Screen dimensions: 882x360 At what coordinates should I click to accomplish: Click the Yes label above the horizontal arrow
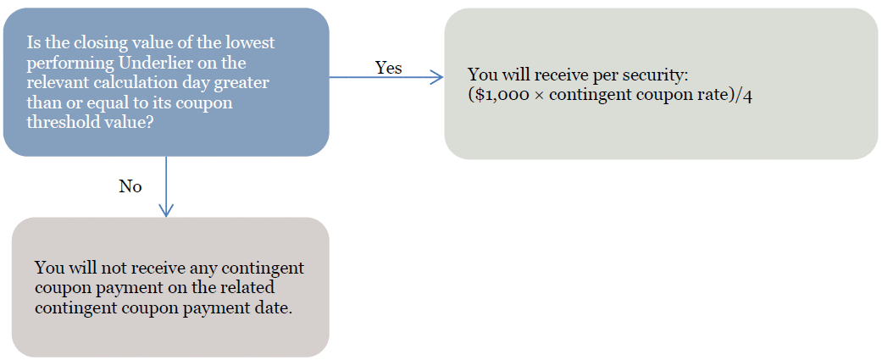pos(389,68)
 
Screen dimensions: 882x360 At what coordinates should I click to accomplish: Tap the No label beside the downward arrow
pos(130,186)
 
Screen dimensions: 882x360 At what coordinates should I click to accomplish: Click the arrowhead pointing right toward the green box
pos(436,77)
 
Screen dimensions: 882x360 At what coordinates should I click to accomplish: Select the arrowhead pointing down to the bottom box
pos(166,209)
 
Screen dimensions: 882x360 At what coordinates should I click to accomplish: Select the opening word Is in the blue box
pos(33,43)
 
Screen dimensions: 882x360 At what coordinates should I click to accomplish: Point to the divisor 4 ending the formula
pos(748,95)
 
